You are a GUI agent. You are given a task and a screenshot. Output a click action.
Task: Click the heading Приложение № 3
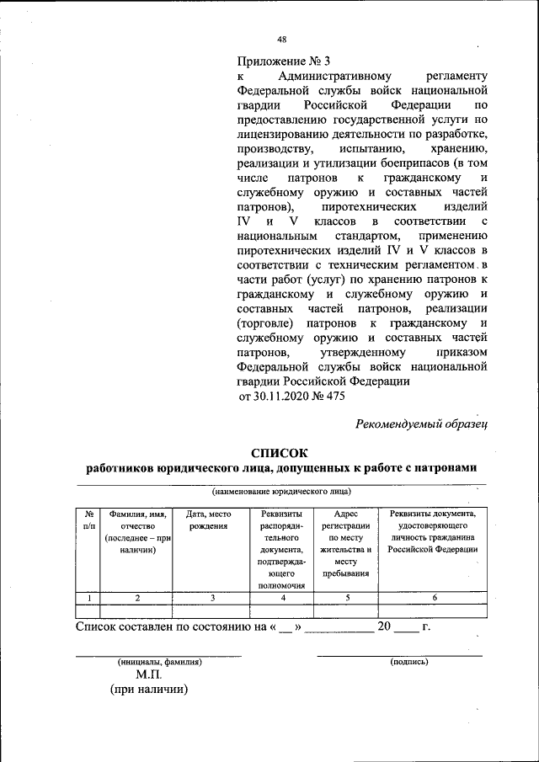(285, 61)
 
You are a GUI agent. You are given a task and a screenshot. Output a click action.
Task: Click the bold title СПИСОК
(281, 452)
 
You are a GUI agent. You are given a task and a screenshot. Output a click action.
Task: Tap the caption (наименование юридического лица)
(281, 491)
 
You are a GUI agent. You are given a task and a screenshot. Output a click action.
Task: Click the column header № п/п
(88, 519)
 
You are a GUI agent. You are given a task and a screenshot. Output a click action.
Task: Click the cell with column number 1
(88, 598)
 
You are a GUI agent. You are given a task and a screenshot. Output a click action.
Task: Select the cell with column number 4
(282, 598)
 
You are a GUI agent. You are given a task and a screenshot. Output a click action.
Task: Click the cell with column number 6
(433, 598)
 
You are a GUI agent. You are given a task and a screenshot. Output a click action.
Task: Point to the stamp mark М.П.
(149, 675)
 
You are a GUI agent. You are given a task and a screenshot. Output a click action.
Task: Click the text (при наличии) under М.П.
(148, 690)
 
